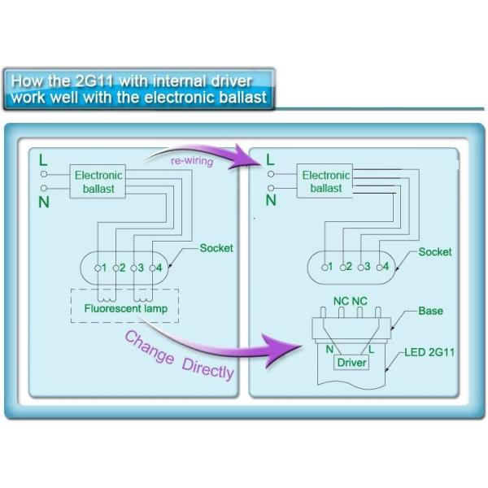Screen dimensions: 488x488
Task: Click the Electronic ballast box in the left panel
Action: (x=98, y=181)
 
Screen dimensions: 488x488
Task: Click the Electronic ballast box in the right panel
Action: (x=326, y=181)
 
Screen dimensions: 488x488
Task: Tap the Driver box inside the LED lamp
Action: (x=351, y=363)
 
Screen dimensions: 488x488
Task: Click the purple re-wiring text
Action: (x=191, y=161)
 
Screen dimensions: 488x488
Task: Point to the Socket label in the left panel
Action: (x=216, y=247)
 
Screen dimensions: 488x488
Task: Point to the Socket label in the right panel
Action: (x=435, y=251)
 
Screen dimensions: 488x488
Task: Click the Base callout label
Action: (x=430, y=312)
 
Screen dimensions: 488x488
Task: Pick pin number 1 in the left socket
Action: (x=101, y=267)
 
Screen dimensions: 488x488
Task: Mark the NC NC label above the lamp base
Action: (x=351, y=301)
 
